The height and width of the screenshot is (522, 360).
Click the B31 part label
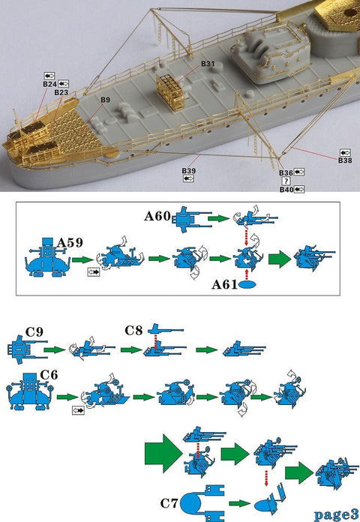point(208,64)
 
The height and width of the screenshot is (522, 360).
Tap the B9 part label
point(105,100)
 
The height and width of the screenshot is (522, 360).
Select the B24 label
point(50,84)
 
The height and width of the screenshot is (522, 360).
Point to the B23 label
point(61,92)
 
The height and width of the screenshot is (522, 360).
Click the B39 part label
point(188,172)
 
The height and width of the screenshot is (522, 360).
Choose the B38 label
point(345,160)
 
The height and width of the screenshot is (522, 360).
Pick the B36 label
point(286,172)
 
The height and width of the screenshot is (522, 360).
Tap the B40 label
point(286,189)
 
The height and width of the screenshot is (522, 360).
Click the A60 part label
point(157,216)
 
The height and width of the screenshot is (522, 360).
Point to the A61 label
point(225,284)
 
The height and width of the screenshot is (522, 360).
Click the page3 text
point(336,514)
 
